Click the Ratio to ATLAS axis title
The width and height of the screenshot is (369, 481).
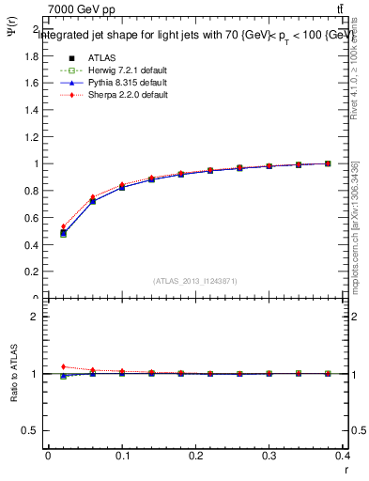(x=13, y=374)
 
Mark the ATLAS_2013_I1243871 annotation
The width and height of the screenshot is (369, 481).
(x=196, y=281)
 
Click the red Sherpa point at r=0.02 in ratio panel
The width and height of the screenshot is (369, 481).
(x=63, y=366)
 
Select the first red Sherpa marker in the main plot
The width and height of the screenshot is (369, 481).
(x=63, y=226)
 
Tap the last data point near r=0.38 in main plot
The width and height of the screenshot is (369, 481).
(x=328, y=163)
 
